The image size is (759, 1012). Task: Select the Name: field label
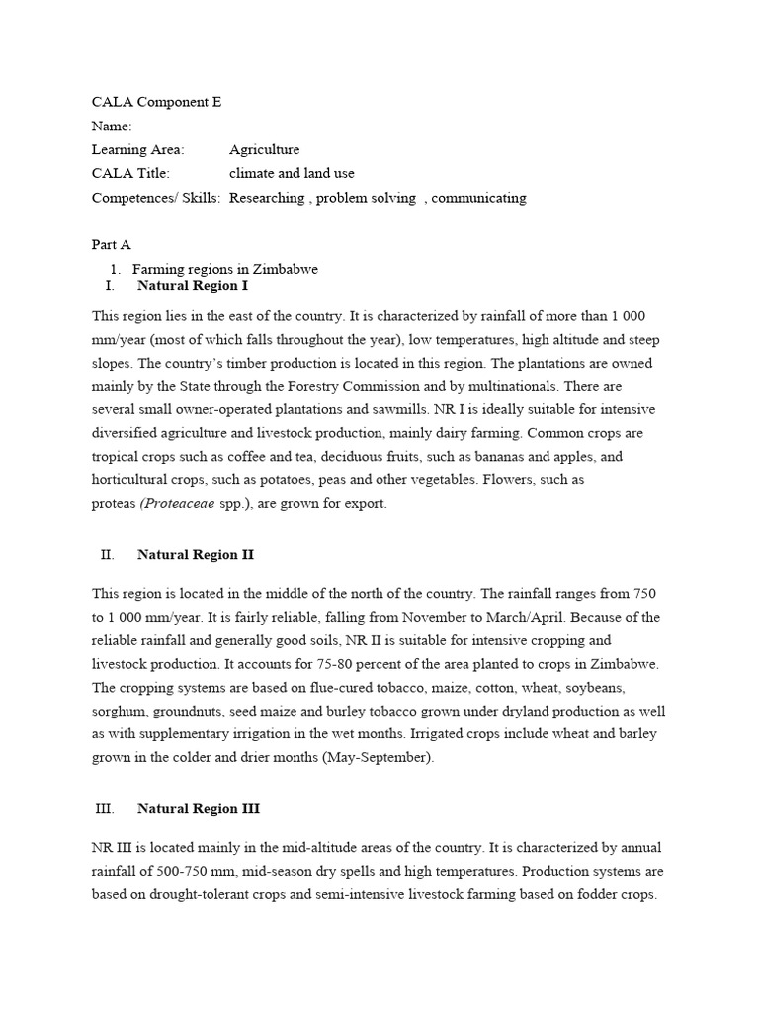(x=112, y=126)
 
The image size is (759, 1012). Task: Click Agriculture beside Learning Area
(x=264, y=149)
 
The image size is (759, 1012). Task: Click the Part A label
(x=111, y=245)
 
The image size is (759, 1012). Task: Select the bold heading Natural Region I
(x=193, y=286)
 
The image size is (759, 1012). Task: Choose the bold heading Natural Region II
(x=196, y=555)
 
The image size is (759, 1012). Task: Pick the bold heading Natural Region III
(x=199, y=808)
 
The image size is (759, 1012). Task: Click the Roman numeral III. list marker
(x=105, y=808)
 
